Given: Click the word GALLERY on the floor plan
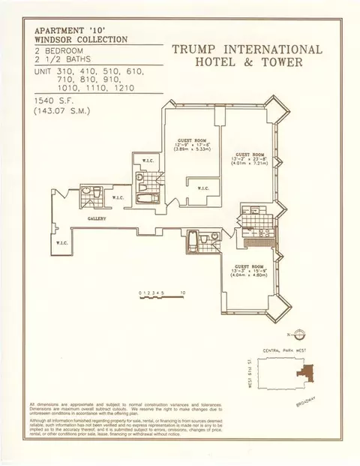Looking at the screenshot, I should tap(96, 219).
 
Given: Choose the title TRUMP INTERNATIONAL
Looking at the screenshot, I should tap(247, 51).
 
